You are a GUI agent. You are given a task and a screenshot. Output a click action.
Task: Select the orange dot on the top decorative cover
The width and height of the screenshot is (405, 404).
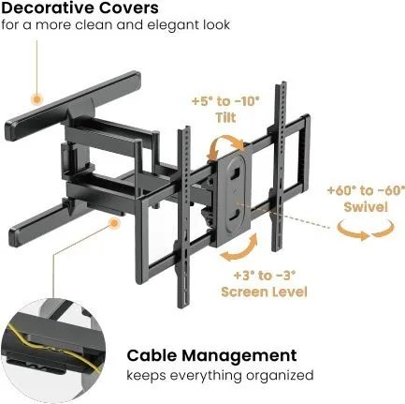tap(37, 100)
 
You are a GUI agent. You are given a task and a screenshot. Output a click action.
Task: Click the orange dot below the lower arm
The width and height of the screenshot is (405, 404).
tap(115, 223)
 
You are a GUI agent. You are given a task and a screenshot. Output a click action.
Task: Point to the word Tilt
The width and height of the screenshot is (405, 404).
tap(225, 118)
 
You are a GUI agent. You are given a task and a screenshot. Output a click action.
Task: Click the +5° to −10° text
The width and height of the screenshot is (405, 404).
tap(225, 101)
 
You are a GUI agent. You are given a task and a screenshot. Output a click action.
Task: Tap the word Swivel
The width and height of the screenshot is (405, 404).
tap(366, 207)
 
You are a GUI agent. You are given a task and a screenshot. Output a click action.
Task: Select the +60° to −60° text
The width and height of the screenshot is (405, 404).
tap(366, 190)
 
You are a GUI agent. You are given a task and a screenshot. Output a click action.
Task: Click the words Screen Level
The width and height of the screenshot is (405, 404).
tap(264, 292)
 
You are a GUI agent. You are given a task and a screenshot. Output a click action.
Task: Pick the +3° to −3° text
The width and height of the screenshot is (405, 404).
tap(265, 276)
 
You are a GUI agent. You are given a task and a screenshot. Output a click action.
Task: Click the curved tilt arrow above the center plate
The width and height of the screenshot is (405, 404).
tap(227, 144)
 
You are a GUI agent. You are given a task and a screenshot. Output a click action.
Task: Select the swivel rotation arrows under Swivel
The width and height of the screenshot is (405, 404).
tap(366, 231)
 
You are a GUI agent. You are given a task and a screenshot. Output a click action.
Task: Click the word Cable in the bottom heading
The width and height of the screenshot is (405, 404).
tap(152, 355)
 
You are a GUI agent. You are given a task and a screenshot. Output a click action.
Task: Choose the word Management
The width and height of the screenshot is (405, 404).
tap(239, 355)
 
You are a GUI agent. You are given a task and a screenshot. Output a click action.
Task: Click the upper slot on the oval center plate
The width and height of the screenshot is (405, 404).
tap(236, 172)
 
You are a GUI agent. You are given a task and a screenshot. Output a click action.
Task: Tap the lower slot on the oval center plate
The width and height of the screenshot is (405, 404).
tap(235, 217)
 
